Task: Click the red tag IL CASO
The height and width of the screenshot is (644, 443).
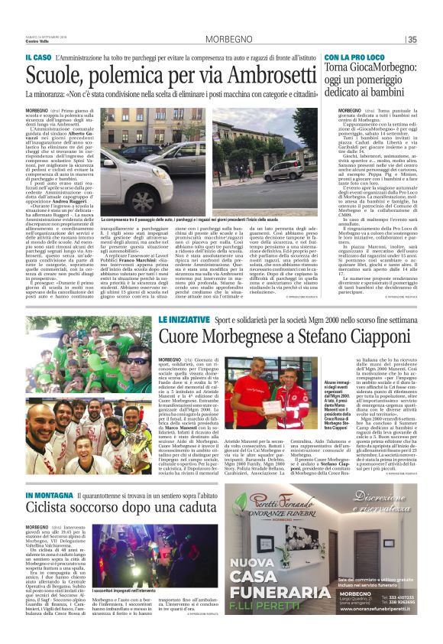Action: tap(39, 58)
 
